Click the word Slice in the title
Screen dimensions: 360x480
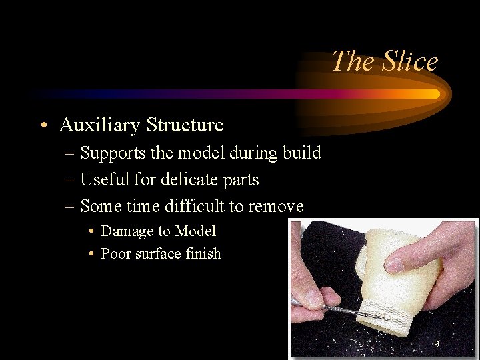coord(411,61)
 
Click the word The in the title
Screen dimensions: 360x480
coord(354,61)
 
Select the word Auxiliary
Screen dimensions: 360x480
coord(99,125)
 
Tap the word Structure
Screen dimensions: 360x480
coord(185,125)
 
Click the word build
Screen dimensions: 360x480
coord(301,153)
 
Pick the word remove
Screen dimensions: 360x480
coord(275,207)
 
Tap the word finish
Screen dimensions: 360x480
coord(204,254)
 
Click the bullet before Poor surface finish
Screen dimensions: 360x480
coord(92,254)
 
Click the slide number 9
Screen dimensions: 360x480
coord(436,344)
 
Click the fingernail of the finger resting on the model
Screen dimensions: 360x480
coord(395,265)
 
